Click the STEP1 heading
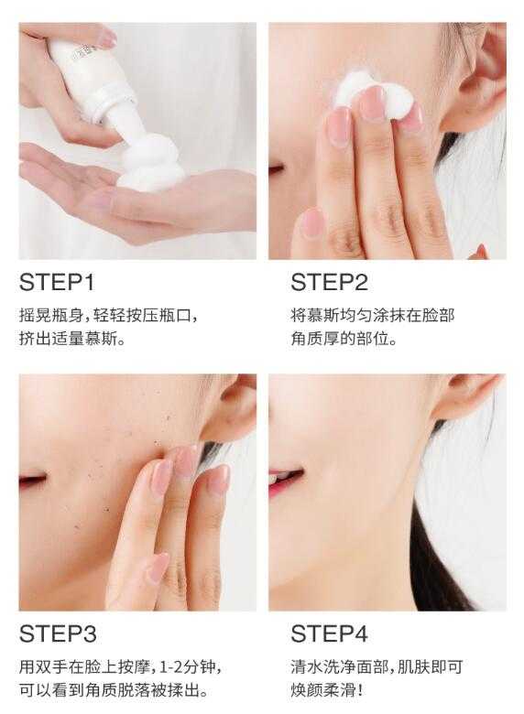(57, 282)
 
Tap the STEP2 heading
(329, 282)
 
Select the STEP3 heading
(58, 633)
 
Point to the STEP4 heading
(329, 633)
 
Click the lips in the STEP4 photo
(285, 481)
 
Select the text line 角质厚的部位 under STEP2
(344, 339)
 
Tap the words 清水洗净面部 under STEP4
(339, 667)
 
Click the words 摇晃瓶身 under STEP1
(51, 316)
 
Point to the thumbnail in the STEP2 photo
(312, 222)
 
